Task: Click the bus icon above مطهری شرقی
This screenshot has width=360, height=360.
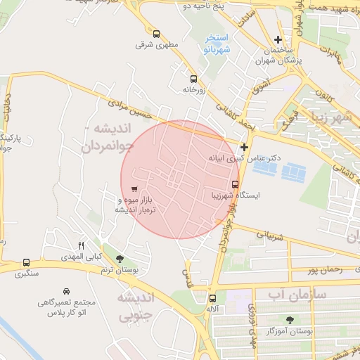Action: (156, 33)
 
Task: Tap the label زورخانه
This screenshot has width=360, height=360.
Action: (193, 90)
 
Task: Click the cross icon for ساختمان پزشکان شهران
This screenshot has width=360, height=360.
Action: (278, 40)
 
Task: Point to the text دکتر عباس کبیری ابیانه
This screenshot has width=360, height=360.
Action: (244, 159)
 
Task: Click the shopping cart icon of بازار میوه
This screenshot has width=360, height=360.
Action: (134, 189)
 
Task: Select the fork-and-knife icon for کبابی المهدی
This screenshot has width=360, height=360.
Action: (82, 245)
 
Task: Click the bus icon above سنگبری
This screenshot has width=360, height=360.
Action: (26, 262)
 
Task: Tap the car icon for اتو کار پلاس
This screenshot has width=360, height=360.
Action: (65, 291)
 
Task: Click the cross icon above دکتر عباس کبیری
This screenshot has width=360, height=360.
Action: (244, 147)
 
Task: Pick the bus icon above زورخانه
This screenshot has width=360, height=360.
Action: (193, 79)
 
